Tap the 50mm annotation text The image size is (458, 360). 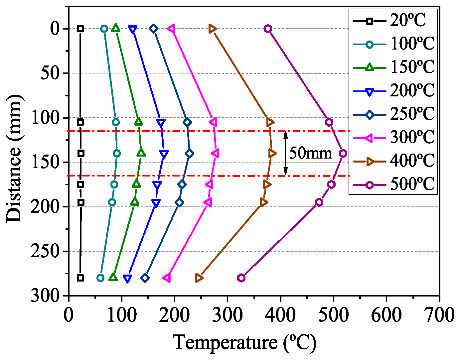[311, 153]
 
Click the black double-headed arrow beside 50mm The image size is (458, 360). [285, 153]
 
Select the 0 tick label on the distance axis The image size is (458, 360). [55, 29]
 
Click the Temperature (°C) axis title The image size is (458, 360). [245, 342]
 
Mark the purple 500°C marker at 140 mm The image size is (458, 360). [343, 153]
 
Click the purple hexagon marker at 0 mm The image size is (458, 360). [268, 29]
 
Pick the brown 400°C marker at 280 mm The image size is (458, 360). [199, 278]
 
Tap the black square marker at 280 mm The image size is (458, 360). [80, 278]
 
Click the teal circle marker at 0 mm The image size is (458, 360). [104, 29]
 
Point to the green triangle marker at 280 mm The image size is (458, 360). [113, 277]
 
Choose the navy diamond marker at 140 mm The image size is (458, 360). [190, 153]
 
